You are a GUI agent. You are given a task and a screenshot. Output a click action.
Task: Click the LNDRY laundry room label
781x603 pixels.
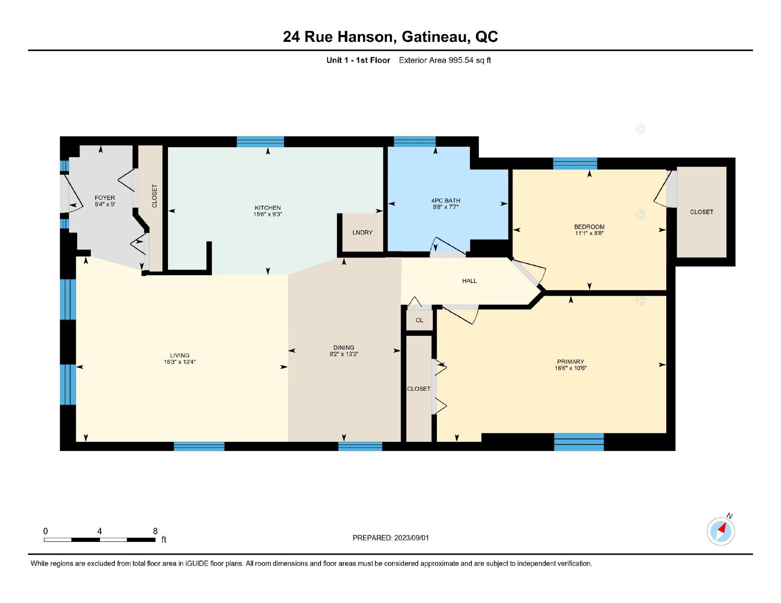click(x=362, y=233)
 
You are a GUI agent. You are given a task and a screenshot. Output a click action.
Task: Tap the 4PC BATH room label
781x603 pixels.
click(x=446, y=200)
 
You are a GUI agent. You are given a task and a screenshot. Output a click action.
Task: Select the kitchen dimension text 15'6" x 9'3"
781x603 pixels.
click(x=268, y=214)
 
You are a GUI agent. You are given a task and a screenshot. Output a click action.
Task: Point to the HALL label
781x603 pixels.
click(x=469, y=281)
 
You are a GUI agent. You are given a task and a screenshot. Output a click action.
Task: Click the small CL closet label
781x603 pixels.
click(x=419, y=320)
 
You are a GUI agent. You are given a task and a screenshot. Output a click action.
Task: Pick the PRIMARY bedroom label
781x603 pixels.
click(x=571, y=362)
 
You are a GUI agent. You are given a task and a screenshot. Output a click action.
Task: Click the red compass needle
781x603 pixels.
click(x=722, y=528)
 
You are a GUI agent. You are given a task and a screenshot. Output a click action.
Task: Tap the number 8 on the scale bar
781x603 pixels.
click(x=155, y=531)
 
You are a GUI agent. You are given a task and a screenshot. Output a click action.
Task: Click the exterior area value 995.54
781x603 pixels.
click(x=461, y=60)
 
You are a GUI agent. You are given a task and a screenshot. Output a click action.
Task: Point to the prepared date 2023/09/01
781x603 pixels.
click(x=411, y=538)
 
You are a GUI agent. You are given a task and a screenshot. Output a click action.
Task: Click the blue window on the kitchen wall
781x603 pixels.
click(x=260, y=141)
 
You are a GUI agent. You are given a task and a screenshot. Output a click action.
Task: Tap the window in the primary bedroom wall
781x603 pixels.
click(x=579, y=442)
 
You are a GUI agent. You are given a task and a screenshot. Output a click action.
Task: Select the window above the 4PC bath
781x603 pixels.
click(x=415, y=141)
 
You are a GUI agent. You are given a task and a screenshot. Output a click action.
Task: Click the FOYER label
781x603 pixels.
click(x=105, y=198)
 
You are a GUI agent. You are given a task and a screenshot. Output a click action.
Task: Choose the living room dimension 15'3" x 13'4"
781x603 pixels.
click(x=180, y=362)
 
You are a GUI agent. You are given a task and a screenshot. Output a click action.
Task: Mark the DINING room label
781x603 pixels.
click(x=344, y=348)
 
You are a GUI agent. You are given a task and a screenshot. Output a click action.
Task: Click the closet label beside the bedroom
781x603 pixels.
click(x=702, y=212)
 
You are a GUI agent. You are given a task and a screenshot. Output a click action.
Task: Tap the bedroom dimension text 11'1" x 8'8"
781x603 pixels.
click(x=589, y=233)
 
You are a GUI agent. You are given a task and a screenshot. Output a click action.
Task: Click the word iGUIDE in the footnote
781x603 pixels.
click(x=197, y=564)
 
